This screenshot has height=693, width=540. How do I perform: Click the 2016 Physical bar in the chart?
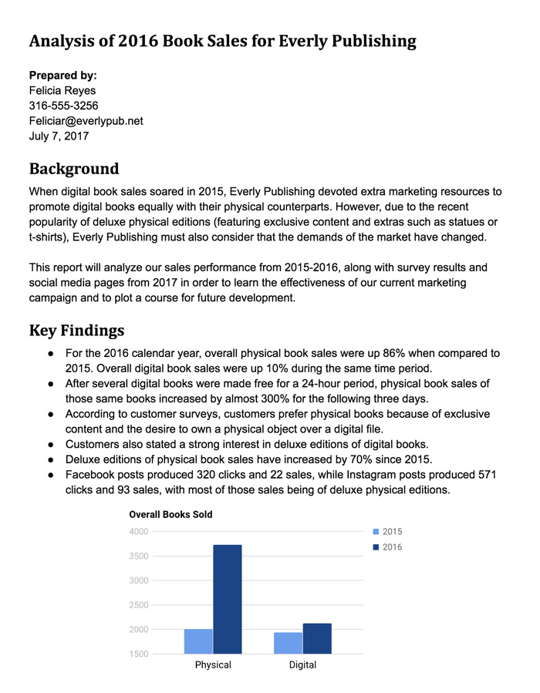(x=228, y=599)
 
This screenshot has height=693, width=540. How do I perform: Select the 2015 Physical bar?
(x=198, y=641)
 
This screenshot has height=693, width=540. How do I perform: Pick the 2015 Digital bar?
(x=288, y=643)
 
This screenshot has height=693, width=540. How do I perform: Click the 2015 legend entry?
(x=387, y=532)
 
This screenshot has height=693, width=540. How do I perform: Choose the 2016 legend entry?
(x=387, y=547)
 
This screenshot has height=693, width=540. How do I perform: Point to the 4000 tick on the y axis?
(x=139, y=531)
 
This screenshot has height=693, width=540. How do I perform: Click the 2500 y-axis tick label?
(x=139, y=605)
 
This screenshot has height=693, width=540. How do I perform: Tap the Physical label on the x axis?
(x=213, y=664)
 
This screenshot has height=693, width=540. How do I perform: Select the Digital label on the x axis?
(x=302, y=664)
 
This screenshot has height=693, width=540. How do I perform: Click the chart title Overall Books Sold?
(x=170, y=514)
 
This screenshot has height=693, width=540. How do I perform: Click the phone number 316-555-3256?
(x=63, y=106)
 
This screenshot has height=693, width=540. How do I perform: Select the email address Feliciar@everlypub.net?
(x=86, y=121)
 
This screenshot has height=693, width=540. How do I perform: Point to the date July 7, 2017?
(x=59, y=136)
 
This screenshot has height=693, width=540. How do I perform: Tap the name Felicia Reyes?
(x=62, y=90)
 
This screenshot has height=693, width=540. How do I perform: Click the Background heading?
(x=74, y=168)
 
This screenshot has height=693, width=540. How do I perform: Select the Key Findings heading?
(x=76, y=331)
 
